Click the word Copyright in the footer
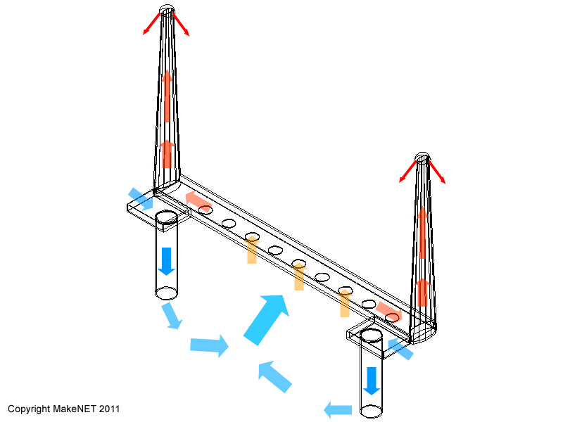[29, 409]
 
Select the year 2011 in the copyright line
[109, 409]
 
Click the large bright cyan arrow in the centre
[267, 319]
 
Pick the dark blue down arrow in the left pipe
[166, 261]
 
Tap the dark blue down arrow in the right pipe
[372, 381]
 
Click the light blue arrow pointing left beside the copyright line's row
[338, 410]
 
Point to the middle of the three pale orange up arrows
[299, 276]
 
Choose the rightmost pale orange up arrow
[345, 303]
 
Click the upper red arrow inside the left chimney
[167, 96]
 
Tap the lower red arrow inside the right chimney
[423, 293]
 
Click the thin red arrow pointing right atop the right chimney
[436, 172]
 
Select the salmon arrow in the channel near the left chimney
[198, 200]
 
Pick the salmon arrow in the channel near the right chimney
[389, 312]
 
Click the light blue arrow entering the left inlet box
[141, 199]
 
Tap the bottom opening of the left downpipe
[166, 293]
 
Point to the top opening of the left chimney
[167, 9]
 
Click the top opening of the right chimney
[422, 157]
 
